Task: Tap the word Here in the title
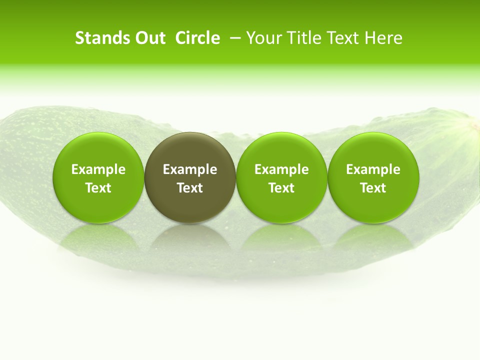tap(384, 38)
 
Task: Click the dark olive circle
tap(190, 150)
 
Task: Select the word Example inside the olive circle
tap(190, 169)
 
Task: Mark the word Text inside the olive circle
tap(190, 188)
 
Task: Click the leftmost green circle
tap(98, 150)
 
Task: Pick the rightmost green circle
tap(373, 150)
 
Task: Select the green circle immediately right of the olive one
tap(281, 150)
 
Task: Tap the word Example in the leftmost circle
tap(98, 169)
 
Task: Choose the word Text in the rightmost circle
tap(373, 188)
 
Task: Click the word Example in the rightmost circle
tap(373, 169)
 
